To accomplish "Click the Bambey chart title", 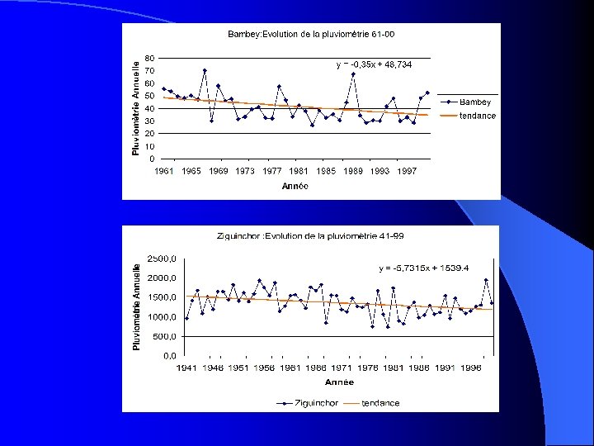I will coord(311,34).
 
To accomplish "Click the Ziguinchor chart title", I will coord(310,235).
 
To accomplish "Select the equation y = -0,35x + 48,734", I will coord(374,64).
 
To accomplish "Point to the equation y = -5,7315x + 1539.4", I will coord(424,268).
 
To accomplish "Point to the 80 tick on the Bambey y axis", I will coord(148,58).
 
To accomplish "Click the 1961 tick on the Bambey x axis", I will coord(164,171).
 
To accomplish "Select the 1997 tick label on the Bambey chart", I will coord(407,171).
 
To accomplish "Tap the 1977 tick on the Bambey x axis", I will coord(272,171).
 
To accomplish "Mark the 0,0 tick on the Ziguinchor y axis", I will coord(168,356).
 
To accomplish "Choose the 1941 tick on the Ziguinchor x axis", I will coord(187,368).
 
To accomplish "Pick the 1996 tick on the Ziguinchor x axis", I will coord(471,368).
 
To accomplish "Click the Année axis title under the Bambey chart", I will coord(295,186).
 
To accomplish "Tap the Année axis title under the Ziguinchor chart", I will coord(339,382).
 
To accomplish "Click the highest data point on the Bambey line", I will coord(205,71).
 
